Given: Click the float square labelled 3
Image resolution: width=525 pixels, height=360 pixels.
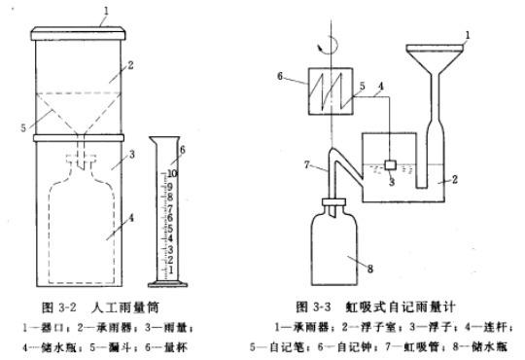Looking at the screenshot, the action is pyautogui.click(x=390, y=164).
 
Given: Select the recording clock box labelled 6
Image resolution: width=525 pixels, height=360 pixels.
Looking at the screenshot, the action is pyautogui.click(x=330, y=90).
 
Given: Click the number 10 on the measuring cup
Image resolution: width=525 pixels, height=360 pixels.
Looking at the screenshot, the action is pyautogui.click(x=172, y=173).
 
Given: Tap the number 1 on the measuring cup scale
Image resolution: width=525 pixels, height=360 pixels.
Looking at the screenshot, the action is pyautogui.click(x=171, y=270).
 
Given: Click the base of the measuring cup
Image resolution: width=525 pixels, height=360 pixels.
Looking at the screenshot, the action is pyautogui.click(x=167, y=284).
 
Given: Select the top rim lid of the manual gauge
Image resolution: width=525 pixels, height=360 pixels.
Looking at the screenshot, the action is pyautogui.click(x=79, y=33).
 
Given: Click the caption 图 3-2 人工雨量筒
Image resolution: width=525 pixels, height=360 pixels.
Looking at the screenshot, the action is pyautogui.click(x=100, y=306).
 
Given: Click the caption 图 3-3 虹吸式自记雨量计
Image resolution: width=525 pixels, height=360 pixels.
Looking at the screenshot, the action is pyautogui.click(x=375, y=306).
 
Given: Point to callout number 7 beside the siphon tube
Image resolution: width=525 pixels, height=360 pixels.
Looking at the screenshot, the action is pyautogui.click(x=307, y=164).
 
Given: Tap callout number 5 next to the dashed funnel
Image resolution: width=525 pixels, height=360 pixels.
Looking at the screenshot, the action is pyautogui.click(x=23, y=127).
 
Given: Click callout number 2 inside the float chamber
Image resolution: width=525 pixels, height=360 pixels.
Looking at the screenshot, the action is pyautogui.click(x=454, y=180).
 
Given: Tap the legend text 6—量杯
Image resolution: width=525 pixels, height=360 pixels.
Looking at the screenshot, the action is pyautogui.click(x=166, y=346).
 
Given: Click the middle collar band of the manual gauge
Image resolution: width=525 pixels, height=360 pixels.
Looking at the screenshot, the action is pyautogui.click(x=79, y=138).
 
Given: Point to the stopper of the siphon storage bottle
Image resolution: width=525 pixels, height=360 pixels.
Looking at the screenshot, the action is pyautogui.click(x=333, y=202).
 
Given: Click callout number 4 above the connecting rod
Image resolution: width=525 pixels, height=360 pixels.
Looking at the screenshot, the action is pyautogui.click(x=381, y=87).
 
